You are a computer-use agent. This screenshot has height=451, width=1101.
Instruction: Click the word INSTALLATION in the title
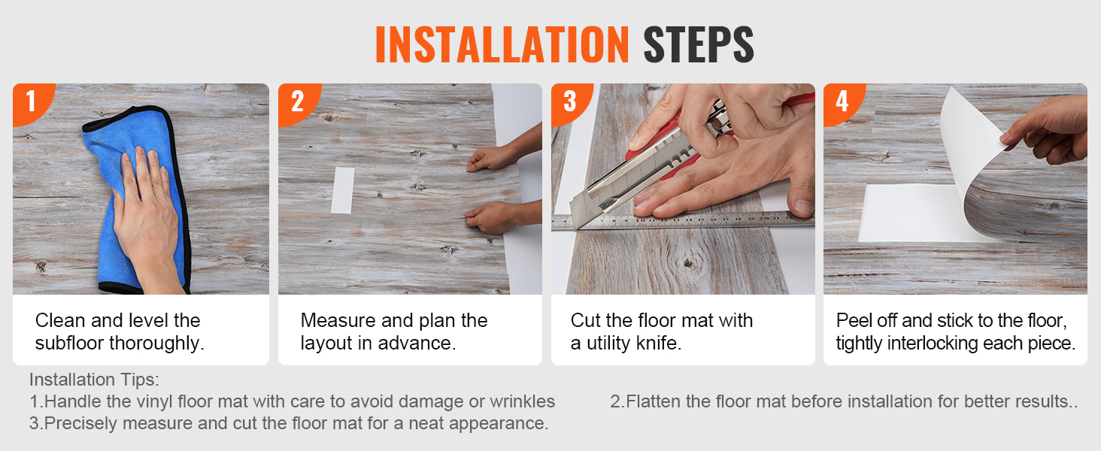click(502, 44)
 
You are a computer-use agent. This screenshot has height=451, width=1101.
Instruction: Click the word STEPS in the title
click(699, 44)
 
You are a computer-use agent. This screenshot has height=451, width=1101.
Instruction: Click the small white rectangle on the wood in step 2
click(343, 190)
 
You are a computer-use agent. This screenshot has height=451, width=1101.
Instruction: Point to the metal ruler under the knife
click(682, 221)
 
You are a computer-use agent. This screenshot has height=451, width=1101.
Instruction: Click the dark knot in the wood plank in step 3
click(689, 263)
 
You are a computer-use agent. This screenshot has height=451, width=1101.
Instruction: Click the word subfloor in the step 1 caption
click(69, 343)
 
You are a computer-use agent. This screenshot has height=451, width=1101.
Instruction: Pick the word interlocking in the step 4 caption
click(933, 343)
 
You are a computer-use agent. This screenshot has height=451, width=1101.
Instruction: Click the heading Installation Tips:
click(94, 380)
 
